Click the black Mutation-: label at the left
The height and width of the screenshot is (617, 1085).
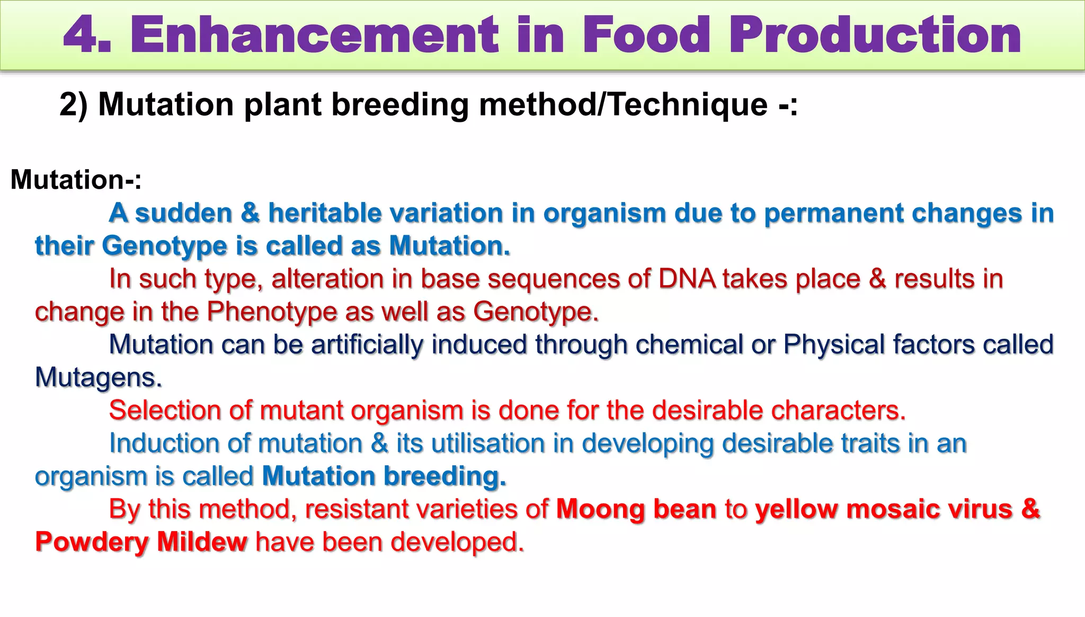(76, 180)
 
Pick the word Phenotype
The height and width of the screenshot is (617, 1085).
(271, 312)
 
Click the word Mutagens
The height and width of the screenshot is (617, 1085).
(98, 378)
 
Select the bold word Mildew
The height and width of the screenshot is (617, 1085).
(202, 542)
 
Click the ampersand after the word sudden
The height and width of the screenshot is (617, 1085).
(250, 213)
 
